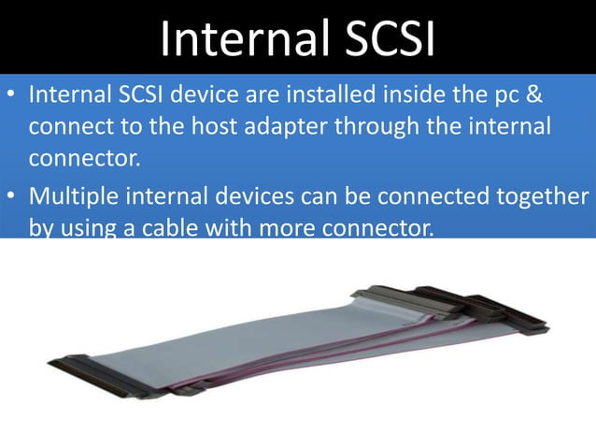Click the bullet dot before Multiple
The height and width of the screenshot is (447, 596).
12,198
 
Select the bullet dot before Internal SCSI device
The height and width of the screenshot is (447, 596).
12,96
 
